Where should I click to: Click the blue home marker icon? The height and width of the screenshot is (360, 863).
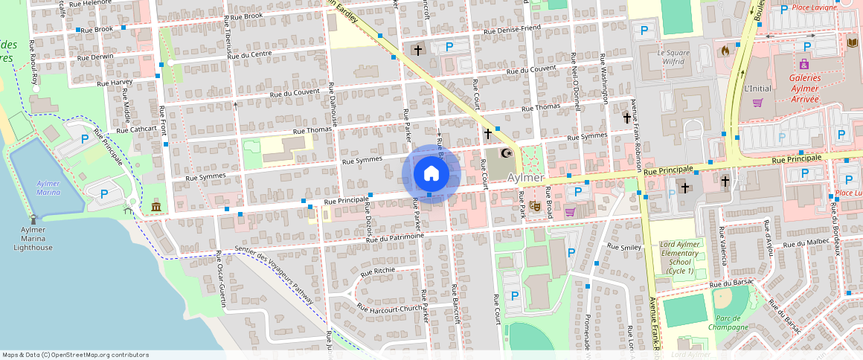pos(431,174)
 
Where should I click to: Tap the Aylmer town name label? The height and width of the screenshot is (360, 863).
pos(526,179)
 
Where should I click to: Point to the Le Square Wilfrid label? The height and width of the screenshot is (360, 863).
pos(673,57)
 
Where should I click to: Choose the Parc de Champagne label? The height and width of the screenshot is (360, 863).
pos(728,321)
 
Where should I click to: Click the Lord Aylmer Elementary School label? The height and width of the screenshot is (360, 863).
pos(680,257)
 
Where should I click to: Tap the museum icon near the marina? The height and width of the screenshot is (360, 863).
pos(155,205)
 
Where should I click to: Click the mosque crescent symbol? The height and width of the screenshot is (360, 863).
pos(508,154)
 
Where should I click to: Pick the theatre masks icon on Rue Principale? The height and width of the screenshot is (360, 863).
pos(535,205)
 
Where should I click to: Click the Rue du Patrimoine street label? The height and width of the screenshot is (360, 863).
pos(394,237)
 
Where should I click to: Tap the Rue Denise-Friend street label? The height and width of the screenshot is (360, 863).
pos(512,30)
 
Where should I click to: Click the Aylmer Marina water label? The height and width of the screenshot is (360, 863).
pos(48,187)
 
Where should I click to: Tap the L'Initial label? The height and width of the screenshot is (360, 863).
pos(757,88)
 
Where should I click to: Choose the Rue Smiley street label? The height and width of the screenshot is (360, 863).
pos(623,246)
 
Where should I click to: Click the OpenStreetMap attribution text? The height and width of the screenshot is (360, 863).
pos(75,355)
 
